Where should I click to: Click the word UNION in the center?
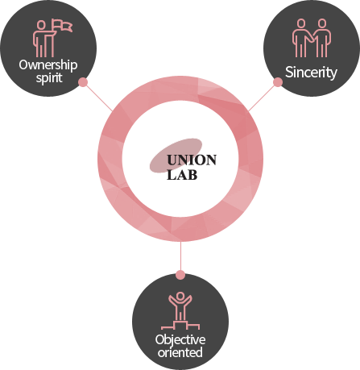[x=192, y=160]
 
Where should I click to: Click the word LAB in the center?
[x=182, y=175]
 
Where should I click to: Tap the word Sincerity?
[x=311, y=73]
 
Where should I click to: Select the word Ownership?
[x=48, y=65]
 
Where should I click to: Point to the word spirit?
[x=49, y=78]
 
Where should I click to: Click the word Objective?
[x=180, y=340]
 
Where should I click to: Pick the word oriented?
[x=180, y=352]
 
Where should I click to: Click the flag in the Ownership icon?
[x=62, y=25]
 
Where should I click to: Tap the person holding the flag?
[x=43, y=39]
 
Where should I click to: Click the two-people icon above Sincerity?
[x=312, y=38]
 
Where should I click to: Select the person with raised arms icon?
[x=180, y=306]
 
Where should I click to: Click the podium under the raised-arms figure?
[x=180, y=325]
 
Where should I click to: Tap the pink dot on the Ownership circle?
[x=83, y=82]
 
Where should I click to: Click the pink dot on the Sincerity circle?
[x=278, y=82]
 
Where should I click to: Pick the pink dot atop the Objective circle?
[x=180, y=275]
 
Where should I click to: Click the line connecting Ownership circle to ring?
[x=98, y=97]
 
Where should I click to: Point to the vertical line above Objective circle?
[x=180, y=256]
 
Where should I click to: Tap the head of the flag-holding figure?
[x=41, y=25]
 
